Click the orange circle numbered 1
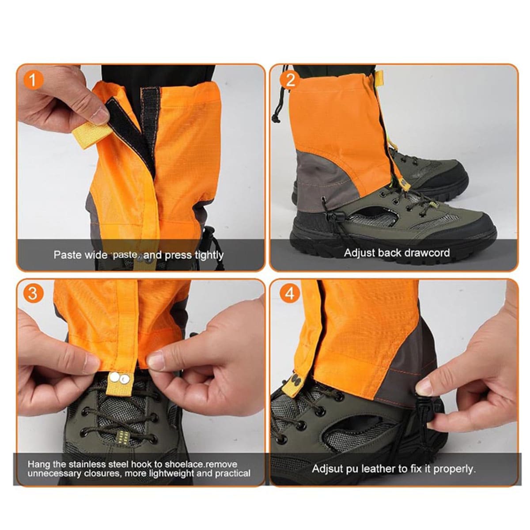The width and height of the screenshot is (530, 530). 33,80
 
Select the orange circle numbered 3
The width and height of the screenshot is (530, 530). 33,293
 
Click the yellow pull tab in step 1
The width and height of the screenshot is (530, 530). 92,134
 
